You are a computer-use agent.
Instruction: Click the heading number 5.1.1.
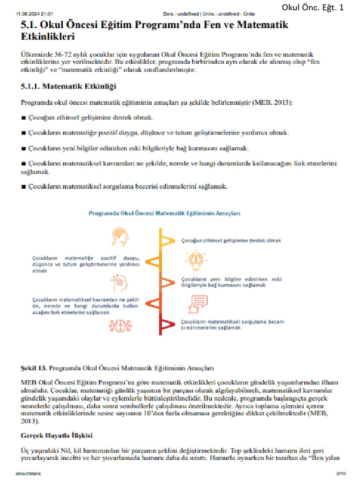point(34,86)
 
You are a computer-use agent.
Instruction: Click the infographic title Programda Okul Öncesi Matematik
point(165,213)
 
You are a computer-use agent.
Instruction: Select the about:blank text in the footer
point(28,473)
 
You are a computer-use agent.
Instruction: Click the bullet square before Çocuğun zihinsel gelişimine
point(23,118)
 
